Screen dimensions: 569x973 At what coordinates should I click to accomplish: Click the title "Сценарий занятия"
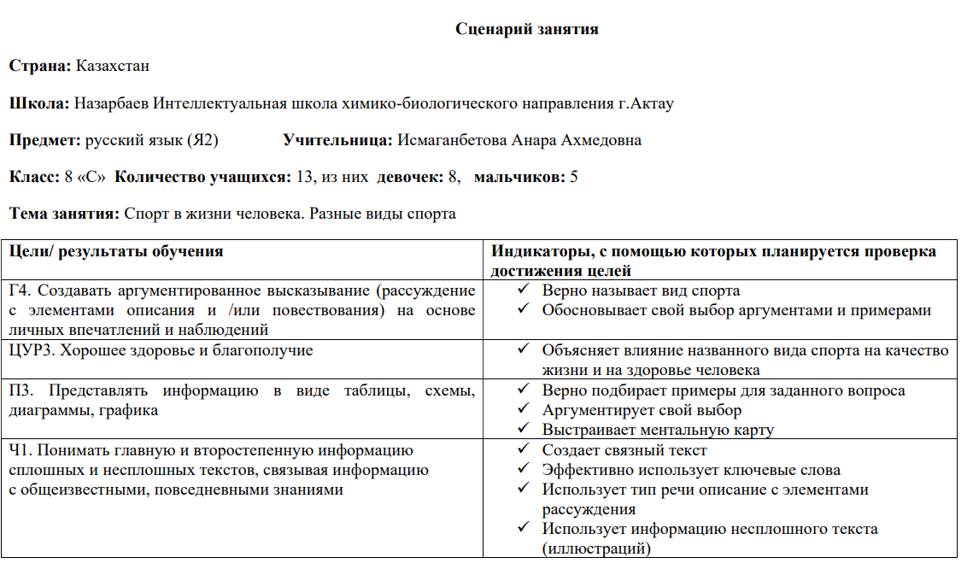[x=526, y=29]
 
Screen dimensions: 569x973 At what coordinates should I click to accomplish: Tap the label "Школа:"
[x=39, y=103]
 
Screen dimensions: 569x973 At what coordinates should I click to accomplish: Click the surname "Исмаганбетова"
[x=452, y=140]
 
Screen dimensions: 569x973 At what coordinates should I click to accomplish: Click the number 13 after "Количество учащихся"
[x=304, y=177]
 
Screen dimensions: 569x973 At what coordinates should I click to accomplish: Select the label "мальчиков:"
[x=519, y=177]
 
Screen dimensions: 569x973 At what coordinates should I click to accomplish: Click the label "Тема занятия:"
[x=64, y=214]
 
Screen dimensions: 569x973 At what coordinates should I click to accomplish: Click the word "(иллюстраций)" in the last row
[x=595, y=548]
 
